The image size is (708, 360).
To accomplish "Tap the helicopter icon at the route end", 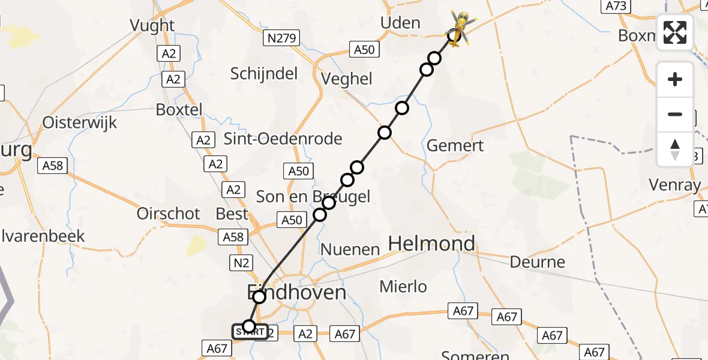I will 458,28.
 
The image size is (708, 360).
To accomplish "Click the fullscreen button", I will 675,32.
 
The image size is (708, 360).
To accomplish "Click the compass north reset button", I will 675,149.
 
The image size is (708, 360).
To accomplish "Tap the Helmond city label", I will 432,244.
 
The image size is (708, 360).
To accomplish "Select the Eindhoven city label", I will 297,292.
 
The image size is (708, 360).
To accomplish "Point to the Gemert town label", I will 455,146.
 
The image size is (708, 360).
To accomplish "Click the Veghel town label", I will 347,79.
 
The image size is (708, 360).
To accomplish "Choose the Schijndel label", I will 264,73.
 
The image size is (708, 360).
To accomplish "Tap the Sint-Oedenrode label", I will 283,139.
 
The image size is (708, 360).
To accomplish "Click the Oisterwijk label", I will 80,122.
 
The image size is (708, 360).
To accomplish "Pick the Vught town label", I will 152,25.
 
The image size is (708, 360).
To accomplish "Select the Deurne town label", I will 537,262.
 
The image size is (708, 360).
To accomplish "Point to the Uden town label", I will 400,23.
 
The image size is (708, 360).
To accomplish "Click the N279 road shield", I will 281,38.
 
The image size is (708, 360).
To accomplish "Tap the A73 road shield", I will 616,6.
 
